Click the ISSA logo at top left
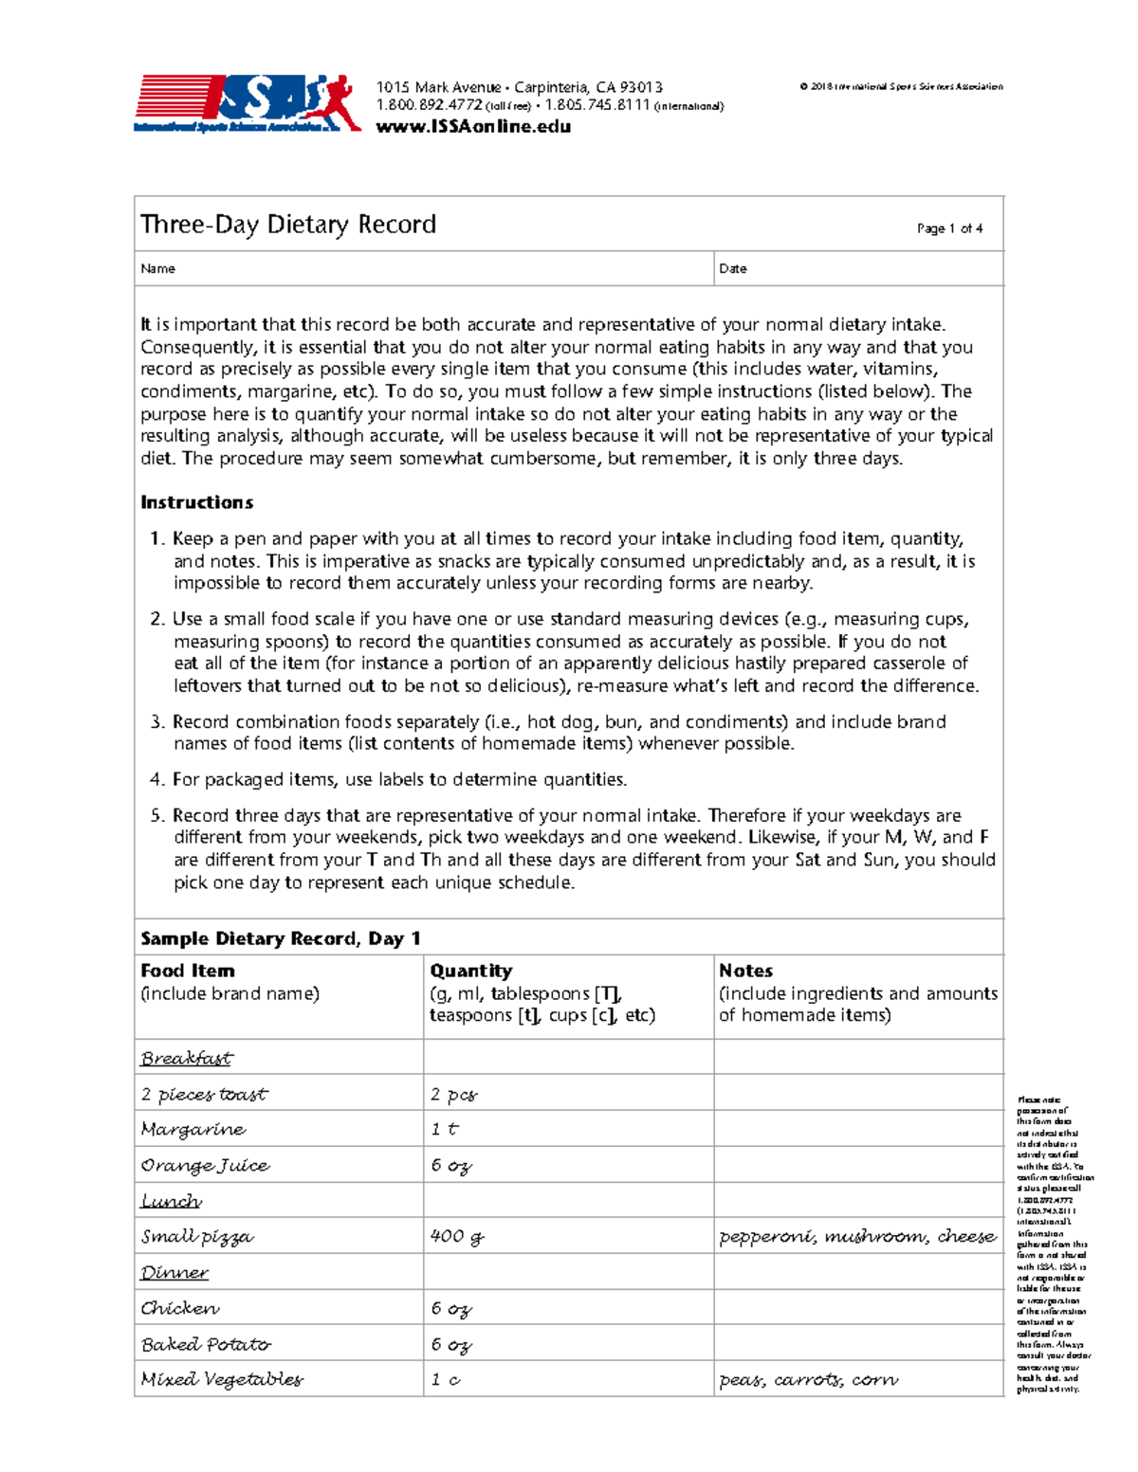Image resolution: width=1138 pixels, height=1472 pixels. coord(247,103)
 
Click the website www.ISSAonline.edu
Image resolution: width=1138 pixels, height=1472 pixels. coord(473,127)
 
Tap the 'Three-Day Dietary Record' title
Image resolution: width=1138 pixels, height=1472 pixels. coord(288,225)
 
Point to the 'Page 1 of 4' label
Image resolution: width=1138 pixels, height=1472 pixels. coord(948,228)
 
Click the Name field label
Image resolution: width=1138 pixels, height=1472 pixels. coord(157,269)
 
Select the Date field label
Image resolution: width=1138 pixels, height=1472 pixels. coord(732,269)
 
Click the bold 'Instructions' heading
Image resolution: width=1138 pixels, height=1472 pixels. coord(196,502)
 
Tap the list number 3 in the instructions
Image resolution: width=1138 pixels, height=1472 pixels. coord(157,722)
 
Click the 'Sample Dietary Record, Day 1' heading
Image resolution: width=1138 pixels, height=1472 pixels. coord(280,938)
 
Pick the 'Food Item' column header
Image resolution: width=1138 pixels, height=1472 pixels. coord(187,971)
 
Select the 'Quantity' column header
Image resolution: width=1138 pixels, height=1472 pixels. coord(470,971)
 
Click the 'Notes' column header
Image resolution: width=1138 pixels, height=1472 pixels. coord(745,971)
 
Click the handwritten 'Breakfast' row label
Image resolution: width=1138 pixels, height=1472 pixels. coord(186,1058)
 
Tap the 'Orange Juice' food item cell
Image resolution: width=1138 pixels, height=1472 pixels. coord(205,1166)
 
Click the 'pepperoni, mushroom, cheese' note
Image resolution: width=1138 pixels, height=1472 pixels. coord(856,1236)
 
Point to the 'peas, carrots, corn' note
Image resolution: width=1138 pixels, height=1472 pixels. coord(808,1379)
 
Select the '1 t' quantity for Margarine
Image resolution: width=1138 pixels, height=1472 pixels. coord(444,1130)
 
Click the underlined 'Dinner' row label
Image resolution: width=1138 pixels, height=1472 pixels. coord(174,1272)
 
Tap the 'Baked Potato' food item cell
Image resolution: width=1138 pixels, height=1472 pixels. coord(206,1344)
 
